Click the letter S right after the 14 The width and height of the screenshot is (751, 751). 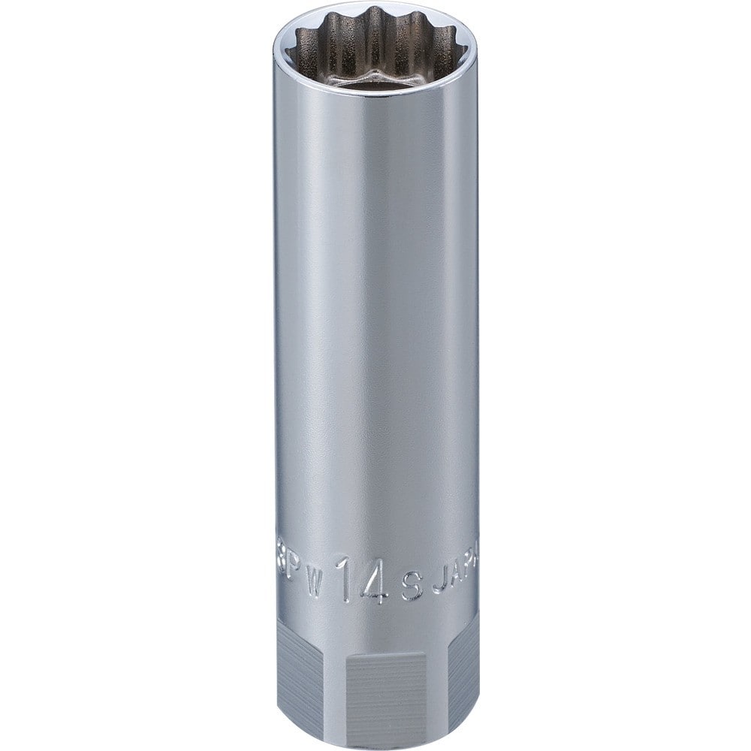pyautogui.click(x=410, y=578)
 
